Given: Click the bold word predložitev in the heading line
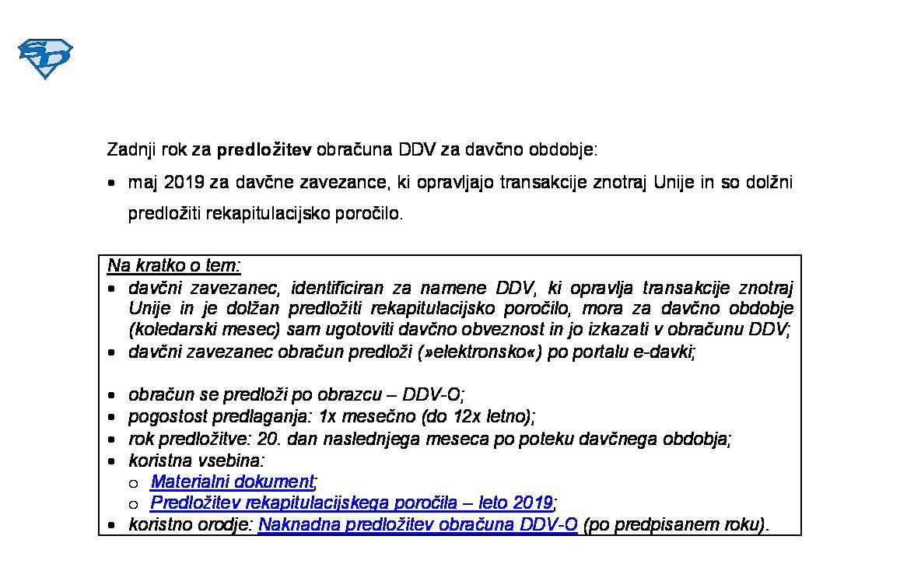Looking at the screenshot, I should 264,149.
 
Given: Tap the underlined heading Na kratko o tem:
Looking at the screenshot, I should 174,265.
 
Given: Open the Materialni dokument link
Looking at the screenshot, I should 233,482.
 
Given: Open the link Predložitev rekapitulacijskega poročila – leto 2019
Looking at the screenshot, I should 352,502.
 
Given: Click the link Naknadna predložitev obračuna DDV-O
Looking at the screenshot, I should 418,524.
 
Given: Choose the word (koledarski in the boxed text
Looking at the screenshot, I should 172,330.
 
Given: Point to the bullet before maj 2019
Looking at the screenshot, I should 113,184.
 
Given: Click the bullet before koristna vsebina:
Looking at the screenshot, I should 113,461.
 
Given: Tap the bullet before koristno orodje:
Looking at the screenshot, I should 113,526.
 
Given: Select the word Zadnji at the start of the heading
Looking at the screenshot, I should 130,149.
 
